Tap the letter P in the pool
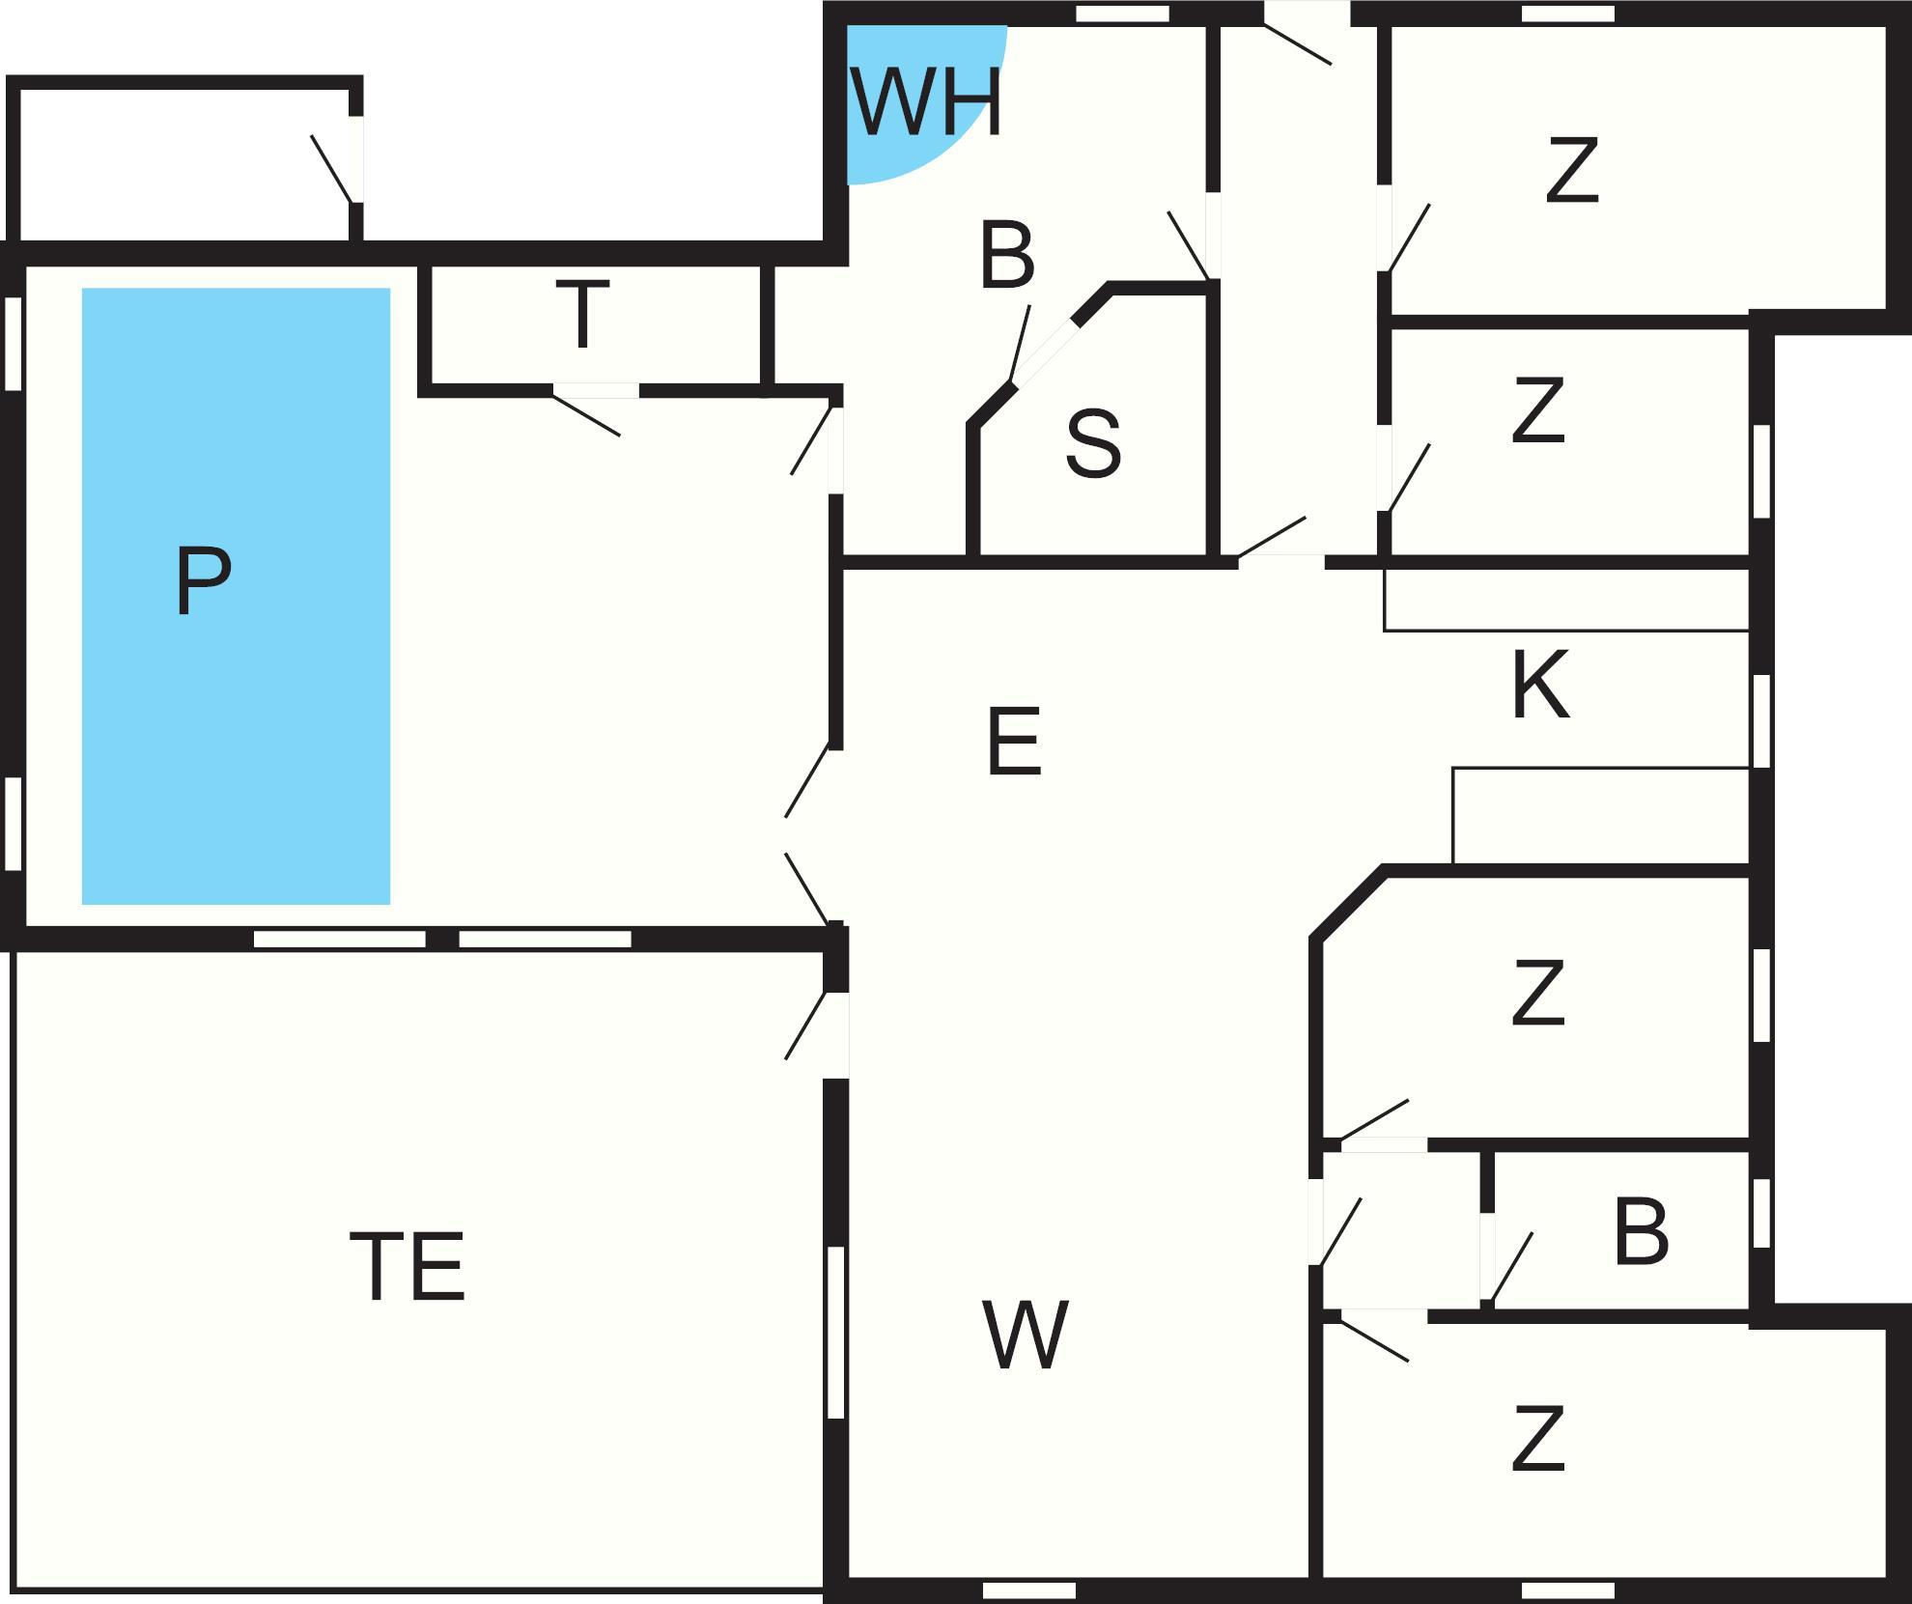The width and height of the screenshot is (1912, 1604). point(204,580)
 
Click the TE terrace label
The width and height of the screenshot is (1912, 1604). point(408,1266)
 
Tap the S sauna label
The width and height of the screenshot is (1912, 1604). point(1093,444)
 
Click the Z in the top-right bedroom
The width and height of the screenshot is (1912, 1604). point(1572,170)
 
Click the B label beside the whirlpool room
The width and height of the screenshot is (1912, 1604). point(1007,256)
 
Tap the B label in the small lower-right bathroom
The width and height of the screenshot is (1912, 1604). point(1642,1232)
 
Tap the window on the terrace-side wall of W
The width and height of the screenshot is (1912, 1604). point(836,1333)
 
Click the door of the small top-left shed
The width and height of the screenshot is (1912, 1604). point(333,168)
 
